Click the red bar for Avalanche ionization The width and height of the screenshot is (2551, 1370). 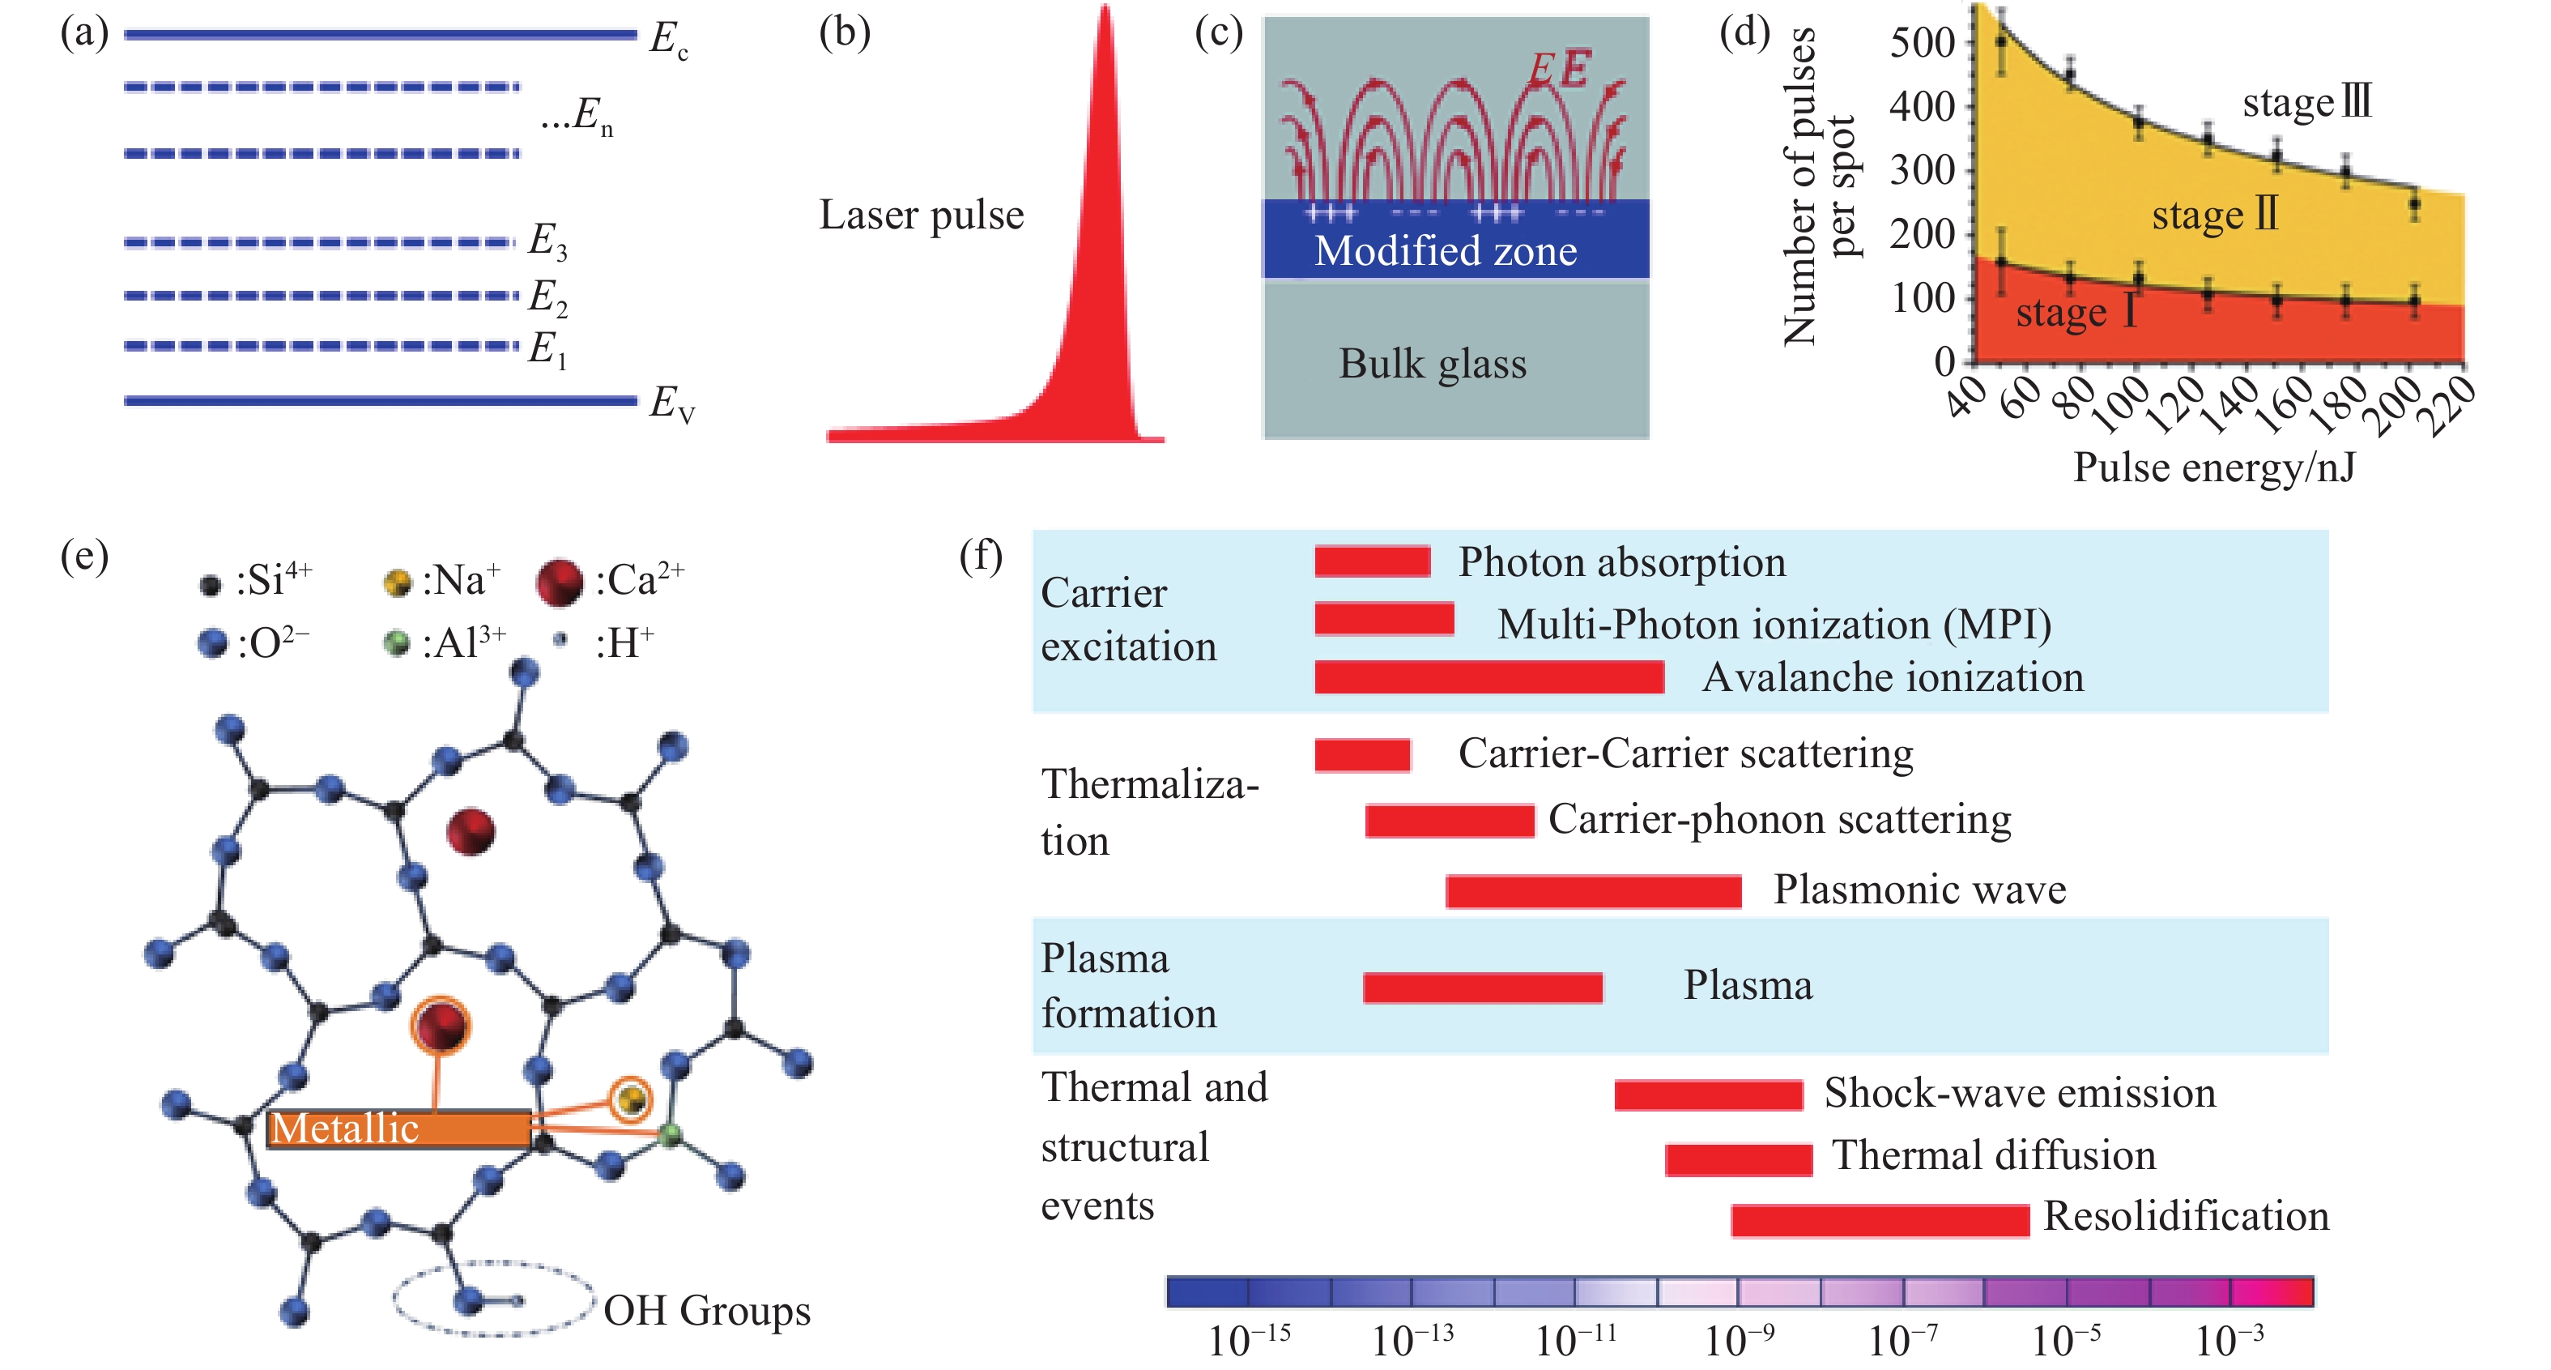(1488, 677)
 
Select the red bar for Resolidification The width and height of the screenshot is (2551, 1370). (1880, 1219)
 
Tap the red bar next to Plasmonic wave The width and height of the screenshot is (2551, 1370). (1594, 891)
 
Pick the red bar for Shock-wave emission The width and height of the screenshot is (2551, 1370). (1708, 1095)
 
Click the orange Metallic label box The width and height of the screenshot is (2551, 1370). (398, 1129)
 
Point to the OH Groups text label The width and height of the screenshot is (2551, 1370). (707, 1311)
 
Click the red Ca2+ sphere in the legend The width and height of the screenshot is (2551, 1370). (560, 583)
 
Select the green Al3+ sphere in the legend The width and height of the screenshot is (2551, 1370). (396, 644)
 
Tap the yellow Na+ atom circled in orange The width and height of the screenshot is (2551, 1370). (631, 1099)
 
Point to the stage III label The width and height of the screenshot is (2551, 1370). (2306, 102)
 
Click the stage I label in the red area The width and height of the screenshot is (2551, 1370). (2076, 313)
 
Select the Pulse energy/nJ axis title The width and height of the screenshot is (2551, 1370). (2214, 467)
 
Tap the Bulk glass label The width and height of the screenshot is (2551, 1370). (1432, 364)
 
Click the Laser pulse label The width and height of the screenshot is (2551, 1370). (921, 215)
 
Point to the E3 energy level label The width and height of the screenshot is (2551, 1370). (547, 241)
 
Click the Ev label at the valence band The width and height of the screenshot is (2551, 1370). (672, 403)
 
